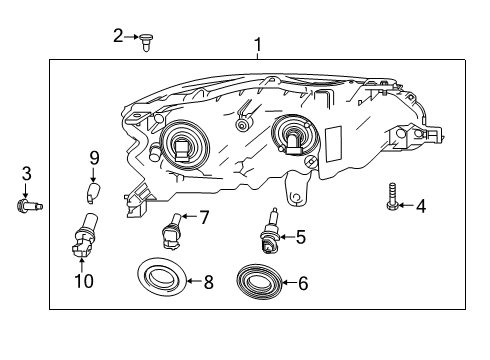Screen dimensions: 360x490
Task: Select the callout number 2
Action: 118,36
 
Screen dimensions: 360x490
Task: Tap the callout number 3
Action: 27,173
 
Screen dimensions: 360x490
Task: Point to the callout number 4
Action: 420,207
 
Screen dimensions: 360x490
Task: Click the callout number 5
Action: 299,237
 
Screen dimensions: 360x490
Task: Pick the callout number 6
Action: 302,284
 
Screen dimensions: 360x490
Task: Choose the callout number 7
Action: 203,217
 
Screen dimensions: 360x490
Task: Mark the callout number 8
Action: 208,283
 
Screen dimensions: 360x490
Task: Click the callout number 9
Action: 95,157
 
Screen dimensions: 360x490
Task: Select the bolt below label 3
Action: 27,206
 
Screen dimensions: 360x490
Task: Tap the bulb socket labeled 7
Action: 170,234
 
